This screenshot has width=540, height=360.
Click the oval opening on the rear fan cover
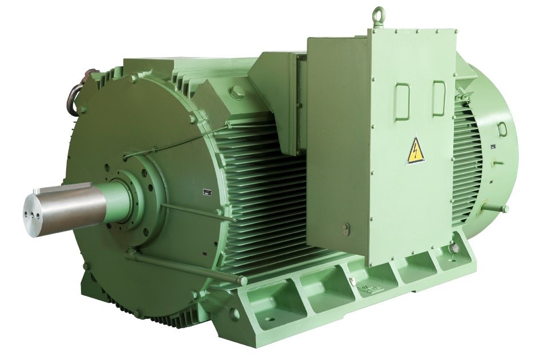coord(502,129)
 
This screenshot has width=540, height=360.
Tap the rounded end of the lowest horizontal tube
coord(242,281)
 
